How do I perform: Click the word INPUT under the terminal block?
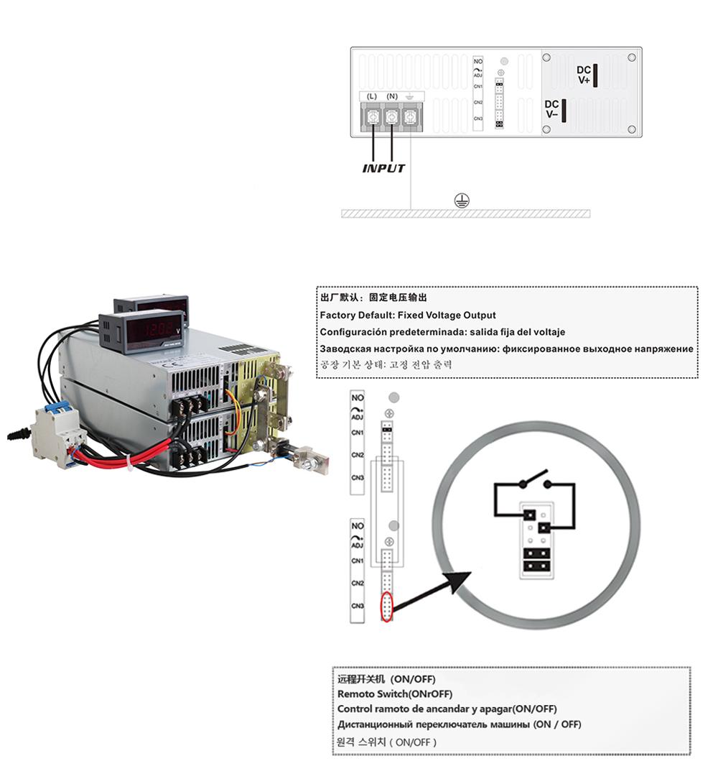tap(383, 169)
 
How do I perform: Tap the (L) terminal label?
tap(372, 96)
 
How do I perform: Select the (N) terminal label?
tap(392, 96)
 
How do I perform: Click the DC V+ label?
tap(584, 75)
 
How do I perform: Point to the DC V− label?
tap(552, 109)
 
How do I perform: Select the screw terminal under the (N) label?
tap(392, 115)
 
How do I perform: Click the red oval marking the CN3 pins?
tap(387, 607)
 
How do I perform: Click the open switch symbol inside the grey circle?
tap(534, 479)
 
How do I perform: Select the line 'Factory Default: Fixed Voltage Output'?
tap(407, 315)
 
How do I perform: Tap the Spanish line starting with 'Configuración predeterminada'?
tap(442, 332)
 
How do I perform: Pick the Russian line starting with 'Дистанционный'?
tap(459, 724)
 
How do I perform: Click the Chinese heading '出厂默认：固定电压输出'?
tap(376, 298)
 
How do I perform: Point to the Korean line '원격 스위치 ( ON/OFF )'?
tap(386, 742)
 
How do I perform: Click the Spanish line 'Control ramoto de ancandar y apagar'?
tap(447, 709)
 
